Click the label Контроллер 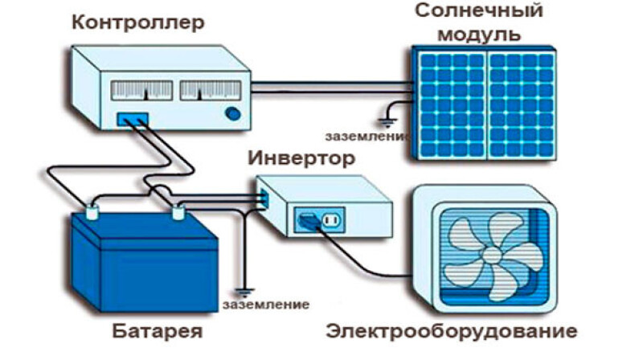(x=137, y=22)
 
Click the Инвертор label (x=301, y=158)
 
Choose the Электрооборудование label (x=452, y=331)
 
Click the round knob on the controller (x=233, y=113)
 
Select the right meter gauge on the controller (x=207, y=89)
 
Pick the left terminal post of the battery (x=93, y=214)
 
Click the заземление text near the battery (x=264, y=306)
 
